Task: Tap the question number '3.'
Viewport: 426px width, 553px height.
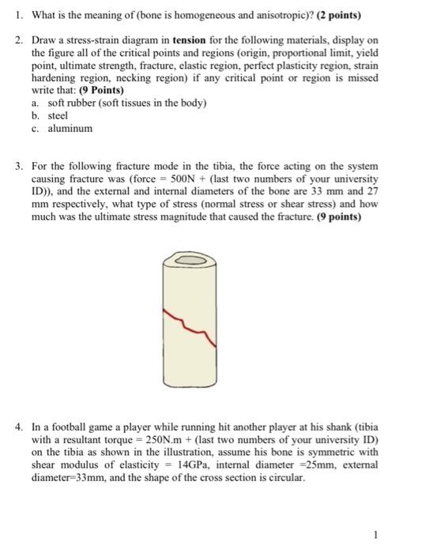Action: tap(21, 166)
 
